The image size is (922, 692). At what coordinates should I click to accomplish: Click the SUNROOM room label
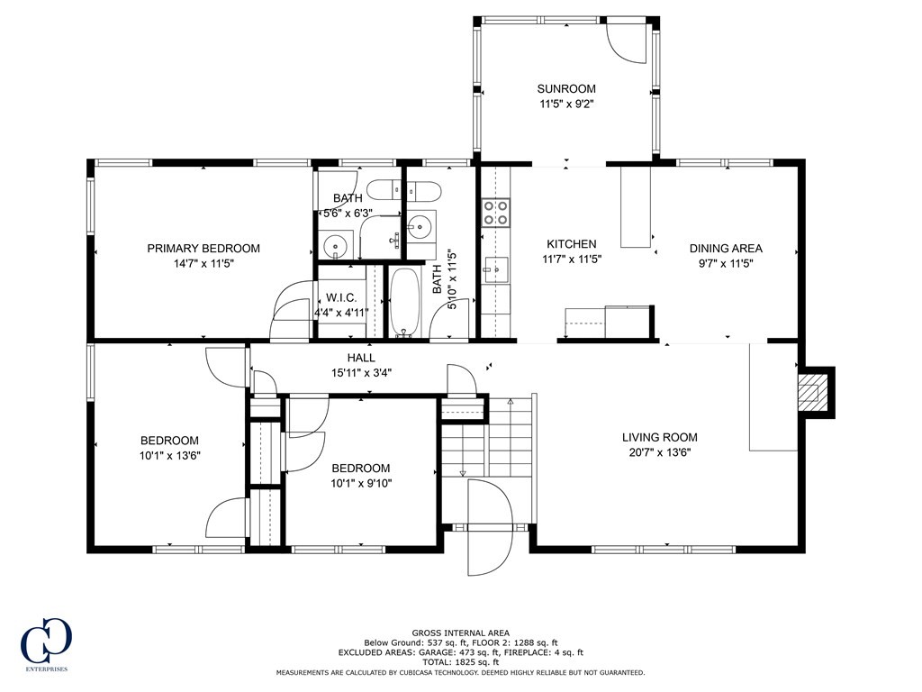tap(566, 88)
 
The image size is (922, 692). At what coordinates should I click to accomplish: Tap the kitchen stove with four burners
tap(496, 213)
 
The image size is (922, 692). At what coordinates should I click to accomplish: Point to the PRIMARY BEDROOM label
tap(203, 249)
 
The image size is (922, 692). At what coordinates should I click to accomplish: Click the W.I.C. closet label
tap(341, 297)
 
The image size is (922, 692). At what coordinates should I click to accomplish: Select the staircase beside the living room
tap(487, 442)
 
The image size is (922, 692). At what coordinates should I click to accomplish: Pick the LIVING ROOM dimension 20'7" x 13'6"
tap(659, 453)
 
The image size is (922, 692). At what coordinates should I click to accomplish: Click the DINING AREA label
tap(726, 249)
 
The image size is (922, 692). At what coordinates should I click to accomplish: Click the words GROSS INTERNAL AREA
tap(460, 633)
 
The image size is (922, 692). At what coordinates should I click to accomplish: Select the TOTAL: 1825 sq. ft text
tap(460, 662)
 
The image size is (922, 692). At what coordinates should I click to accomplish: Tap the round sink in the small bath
tap(337, 244)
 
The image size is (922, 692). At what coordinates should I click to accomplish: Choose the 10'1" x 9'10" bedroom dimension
tap(360, 483)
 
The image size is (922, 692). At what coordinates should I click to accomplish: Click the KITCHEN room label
tap(572, 244)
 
